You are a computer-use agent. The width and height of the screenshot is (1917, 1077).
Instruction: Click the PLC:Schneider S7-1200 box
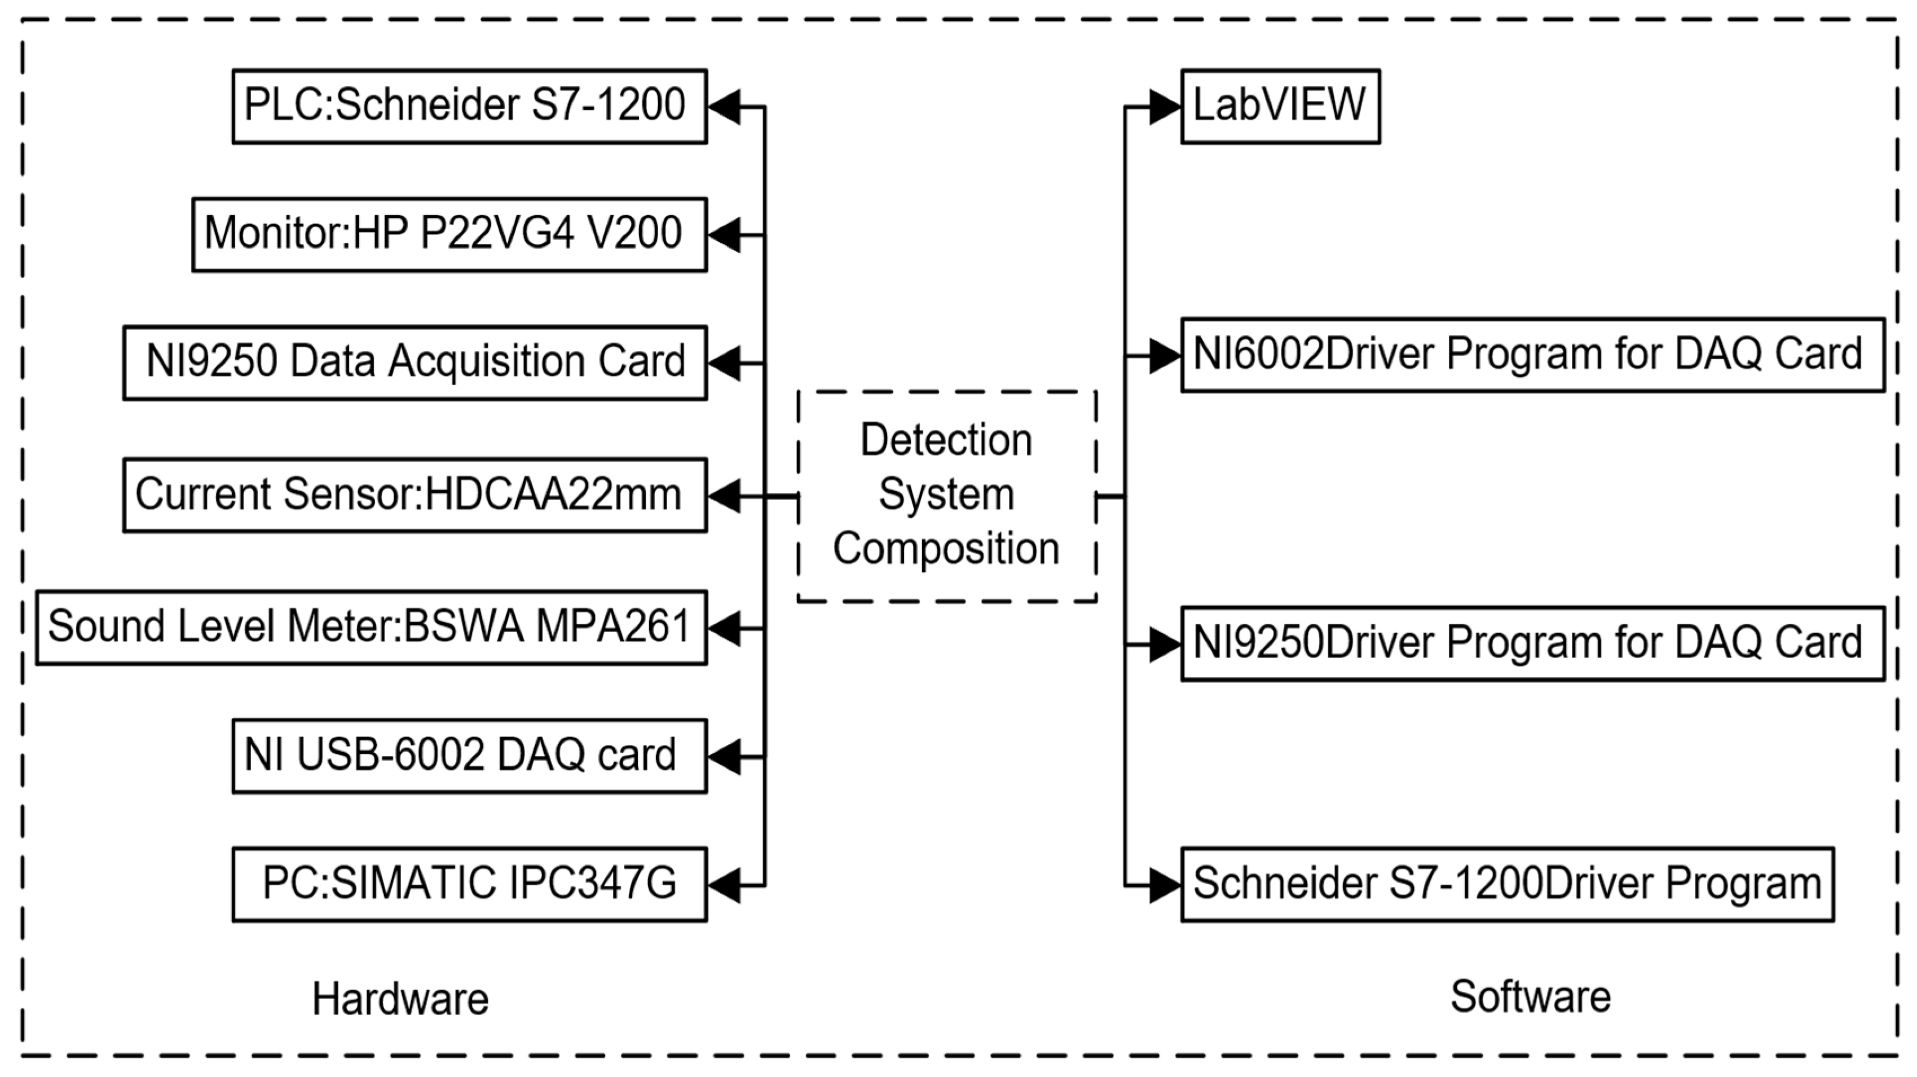pyautogui.click(x=469, y=107)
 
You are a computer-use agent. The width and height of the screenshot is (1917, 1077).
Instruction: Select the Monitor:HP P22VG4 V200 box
pyautogui.click(x=449, y=235)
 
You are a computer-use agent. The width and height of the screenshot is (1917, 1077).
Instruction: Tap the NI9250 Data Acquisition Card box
pyautogui.click(x=415, y=363)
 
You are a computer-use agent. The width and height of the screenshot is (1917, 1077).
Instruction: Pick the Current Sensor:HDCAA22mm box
pyautogui.click(x=415, y=495)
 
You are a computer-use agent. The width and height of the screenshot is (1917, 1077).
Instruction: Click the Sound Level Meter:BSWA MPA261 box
pyautogui.click(x=371, y=628)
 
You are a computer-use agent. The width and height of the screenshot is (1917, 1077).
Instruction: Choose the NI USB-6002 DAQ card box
pyautogui.click(x=469, y=756)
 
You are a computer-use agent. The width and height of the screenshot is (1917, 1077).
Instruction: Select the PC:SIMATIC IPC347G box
pyautogui.click(x=469, y=884)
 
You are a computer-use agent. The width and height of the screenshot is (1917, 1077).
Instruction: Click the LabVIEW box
pyautogui.click(x=1280, y=107)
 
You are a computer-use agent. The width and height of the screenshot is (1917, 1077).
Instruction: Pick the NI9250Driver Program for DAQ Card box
pyautogui.click(x=1532, y=644)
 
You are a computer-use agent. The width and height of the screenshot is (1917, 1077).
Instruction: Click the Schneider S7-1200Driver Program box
pyautogui.click(x=1507, y=884)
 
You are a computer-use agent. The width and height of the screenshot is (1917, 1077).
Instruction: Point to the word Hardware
pyautogui.click(x=400, y=999)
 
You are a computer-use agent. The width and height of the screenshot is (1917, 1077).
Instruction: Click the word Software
pyautogui.click(x=1530, y=997)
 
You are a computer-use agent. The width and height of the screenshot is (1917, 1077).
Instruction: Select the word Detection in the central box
pyautogui.click(x=946, y=440)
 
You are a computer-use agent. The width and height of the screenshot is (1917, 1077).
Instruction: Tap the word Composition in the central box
pyautogui.click(x=946, y=549)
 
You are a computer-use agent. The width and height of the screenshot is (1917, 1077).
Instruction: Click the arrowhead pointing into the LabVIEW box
pyautogui.click(x=1165, y=107)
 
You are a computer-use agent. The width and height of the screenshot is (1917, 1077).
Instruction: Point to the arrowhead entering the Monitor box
pyautogui.click(x=724, y=235)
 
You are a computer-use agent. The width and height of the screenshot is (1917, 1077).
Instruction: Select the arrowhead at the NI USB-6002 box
pyautogui.click(x=724, y=756)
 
